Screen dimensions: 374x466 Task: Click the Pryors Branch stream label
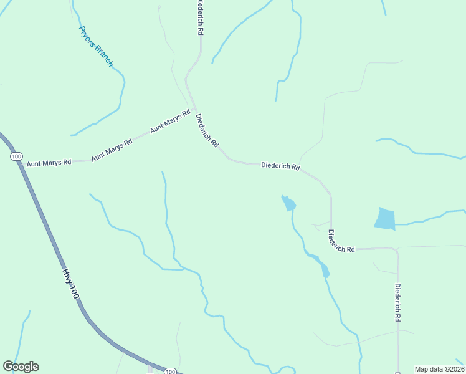95,46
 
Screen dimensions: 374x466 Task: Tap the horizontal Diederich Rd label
280,166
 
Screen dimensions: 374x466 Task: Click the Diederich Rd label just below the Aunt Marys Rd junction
207,131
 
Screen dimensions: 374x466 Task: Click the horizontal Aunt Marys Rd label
49,162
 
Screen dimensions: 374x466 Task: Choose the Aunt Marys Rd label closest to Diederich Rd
169,122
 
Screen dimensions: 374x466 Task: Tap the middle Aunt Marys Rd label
112,150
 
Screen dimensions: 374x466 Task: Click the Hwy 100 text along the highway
70,283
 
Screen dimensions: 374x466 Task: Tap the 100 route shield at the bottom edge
170,372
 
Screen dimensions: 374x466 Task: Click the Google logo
21,367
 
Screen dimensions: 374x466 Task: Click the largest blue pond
385,218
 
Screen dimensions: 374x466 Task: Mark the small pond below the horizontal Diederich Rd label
288,203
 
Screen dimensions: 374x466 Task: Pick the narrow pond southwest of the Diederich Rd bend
323,269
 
